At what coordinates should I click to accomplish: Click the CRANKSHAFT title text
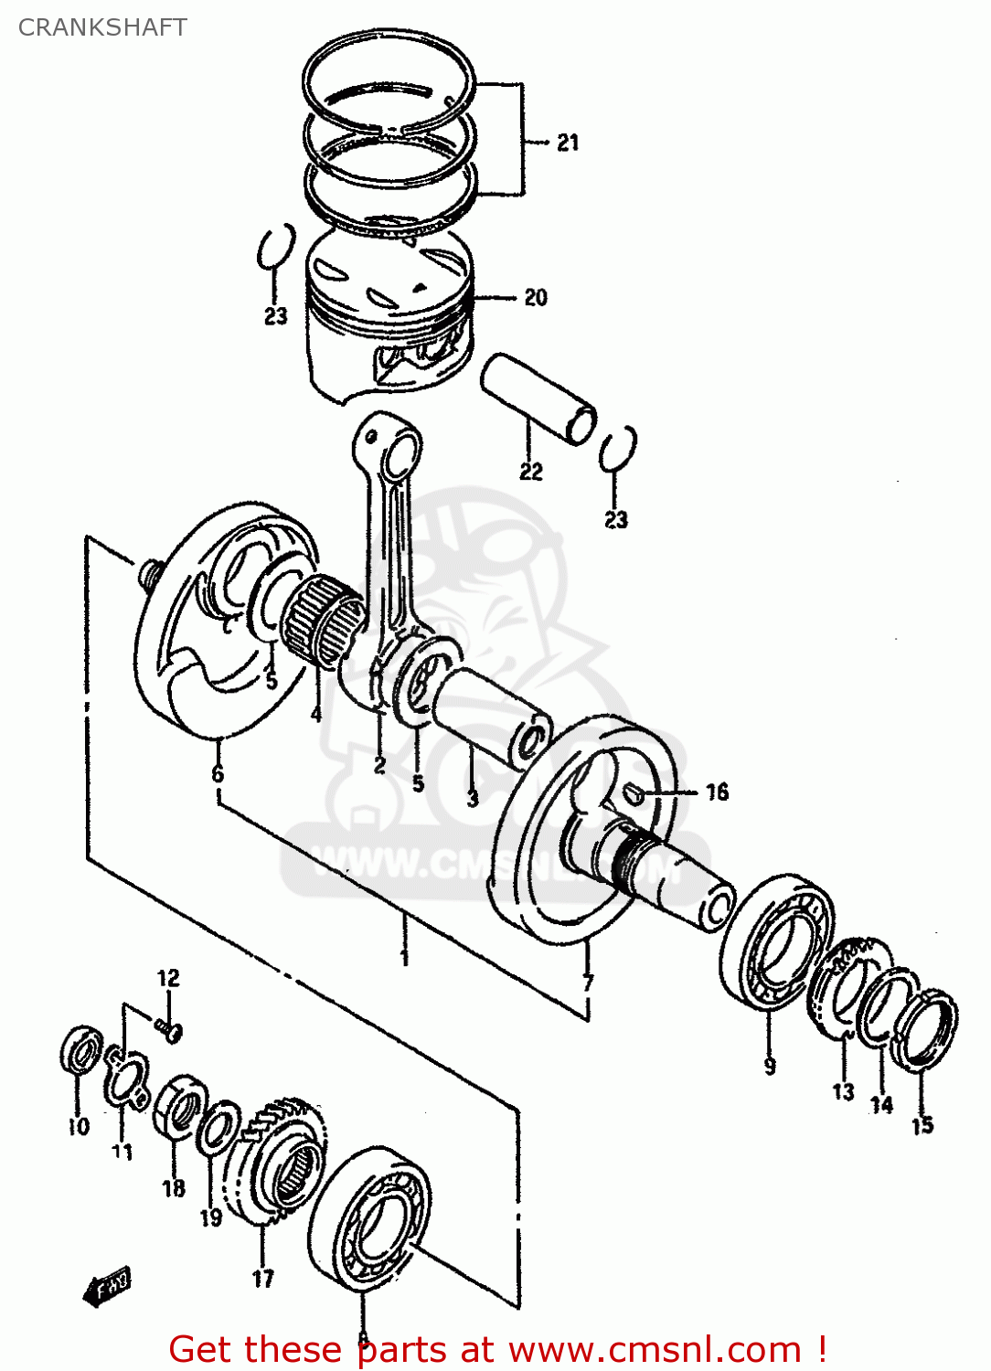pyautogui.click(x=102, y=27)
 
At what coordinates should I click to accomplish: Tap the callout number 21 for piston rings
pyautogui.click(x=568, y=143)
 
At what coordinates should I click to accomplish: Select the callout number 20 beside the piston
pyautogui.click(x=536, y=297)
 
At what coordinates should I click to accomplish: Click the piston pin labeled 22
pyautogui.click(x=539, y=399)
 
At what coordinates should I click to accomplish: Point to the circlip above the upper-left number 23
pyautogui.click(x=275, y=247)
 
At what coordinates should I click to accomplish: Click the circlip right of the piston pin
pyautogui.click(x=619, y=449)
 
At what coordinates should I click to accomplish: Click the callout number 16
pyautogui.click(x=718, y=792)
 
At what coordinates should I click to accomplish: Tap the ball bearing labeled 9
pyautogui.click(x=776, y=941)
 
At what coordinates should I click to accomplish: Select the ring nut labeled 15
pyautogui.click(x=925, y=1028)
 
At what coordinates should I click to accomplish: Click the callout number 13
pyautogui.click(x=843, y=1091)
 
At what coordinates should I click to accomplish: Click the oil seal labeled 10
pyautogui.click(x=80, y=1050)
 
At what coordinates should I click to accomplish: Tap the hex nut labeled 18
pyautogui.click(x=179, y=1108)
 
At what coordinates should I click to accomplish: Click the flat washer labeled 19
pyautogui.click(x=218, y=1130)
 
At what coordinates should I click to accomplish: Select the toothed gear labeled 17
pyautogui.click(x=279, y=1161)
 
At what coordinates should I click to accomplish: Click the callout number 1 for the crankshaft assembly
pyautogui.click(x=404, y=957)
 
